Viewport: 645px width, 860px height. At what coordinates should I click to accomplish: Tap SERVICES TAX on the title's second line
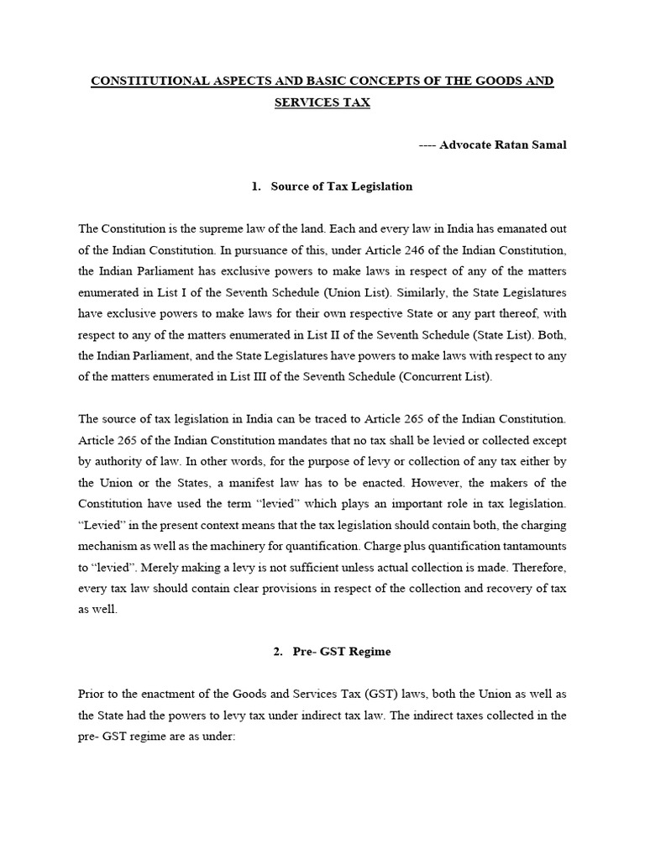tap(322, 102)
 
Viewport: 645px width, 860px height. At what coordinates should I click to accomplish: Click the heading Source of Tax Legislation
tap(342, 186)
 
